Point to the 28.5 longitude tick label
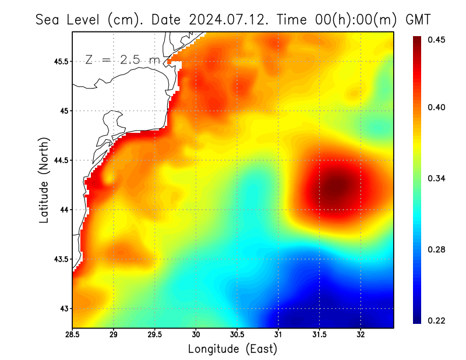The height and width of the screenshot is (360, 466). (73, 334)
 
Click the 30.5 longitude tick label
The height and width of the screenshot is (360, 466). (237, 334)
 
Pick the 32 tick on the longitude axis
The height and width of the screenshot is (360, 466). (361, 334)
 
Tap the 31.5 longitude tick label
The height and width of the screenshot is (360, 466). (319, 334)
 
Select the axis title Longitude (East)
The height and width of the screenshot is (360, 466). (232, 349)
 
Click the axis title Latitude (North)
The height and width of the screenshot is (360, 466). (44, 180)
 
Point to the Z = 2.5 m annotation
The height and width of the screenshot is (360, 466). (122, 59)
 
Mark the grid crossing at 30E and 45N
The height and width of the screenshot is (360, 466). (196, 111)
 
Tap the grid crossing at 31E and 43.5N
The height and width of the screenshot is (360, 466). (278, 259)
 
